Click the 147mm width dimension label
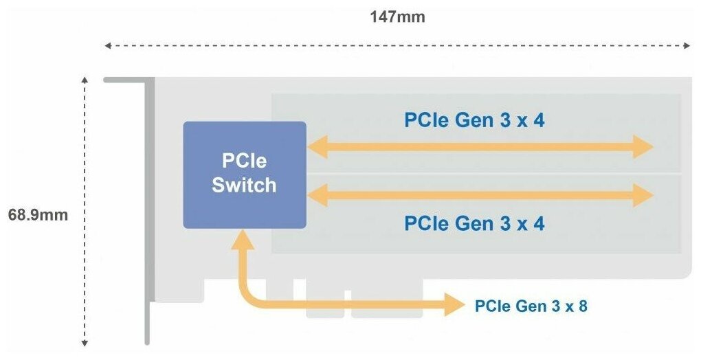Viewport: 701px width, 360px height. [x=397, y=17]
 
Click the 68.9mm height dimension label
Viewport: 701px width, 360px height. [x=38, y=215]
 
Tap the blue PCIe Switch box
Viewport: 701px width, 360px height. [x=244, y=175]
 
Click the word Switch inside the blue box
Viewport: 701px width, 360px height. [x=244, y=185]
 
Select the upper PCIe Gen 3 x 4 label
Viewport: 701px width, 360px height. [x=474, y=120]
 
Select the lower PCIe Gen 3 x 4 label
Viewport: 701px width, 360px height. [x=474, y=223]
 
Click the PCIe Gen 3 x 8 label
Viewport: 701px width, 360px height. [x=531, y=306]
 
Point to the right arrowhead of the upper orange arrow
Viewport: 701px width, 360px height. [x=644, y=146]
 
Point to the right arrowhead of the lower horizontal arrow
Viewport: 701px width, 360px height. [x=644, y=196]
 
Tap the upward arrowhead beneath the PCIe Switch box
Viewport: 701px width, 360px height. [x=242, y=239]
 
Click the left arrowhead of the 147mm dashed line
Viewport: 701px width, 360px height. [x=107, y=46]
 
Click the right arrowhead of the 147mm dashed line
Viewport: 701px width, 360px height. [x=687, y=46]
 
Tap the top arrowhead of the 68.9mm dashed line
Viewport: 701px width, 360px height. [x=85, y=80]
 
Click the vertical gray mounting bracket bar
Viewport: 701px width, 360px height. [x=147, y=213]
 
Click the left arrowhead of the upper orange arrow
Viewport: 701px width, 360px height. [x=315, y=146]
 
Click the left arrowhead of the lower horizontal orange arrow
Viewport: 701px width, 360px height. [x=315, y=196]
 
